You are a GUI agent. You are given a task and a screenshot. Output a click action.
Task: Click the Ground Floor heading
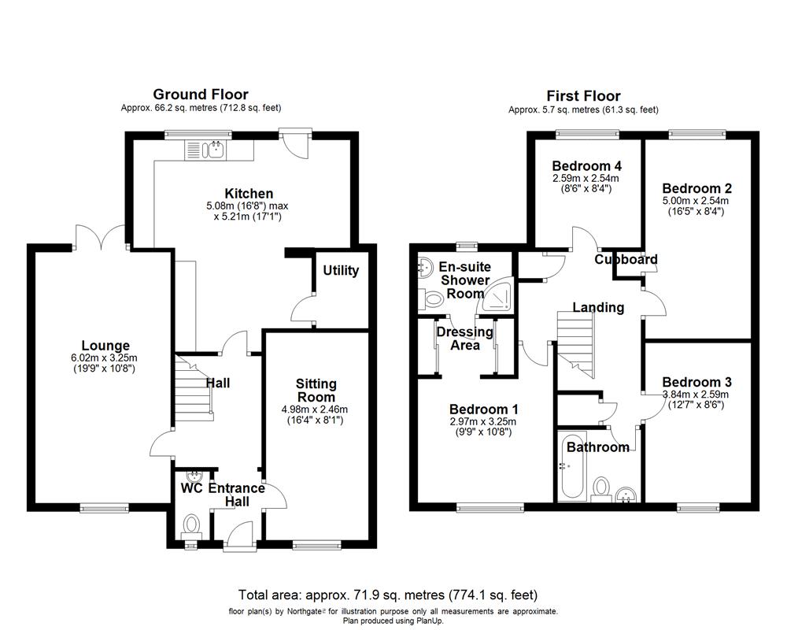[x=201, y=94]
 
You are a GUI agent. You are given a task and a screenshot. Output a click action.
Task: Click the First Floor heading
[x=583, y=96]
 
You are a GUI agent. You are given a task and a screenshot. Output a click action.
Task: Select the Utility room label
[x=341, y=271]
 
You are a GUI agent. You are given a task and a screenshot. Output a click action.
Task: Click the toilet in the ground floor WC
[x=191, y=524]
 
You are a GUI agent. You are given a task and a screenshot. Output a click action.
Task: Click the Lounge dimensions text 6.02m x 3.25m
[x=105, y=358]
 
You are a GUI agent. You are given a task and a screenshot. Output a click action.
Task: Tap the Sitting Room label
[x=316, y=390]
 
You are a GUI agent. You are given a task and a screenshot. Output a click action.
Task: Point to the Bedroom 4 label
[x=586, y=166]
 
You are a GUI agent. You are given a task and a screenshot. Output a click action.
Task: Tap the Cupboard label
[x=626, y=260]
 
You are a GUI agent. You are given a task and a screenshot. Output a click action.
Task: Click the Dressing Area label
[x=464, y=338]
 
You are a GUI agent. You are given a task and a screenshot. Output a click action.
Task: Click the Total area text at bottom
[x=388, y=595]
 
